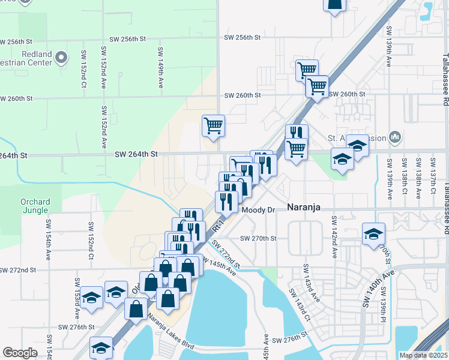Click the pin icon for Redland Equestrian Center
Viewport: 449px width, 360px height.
[x=61, y=58]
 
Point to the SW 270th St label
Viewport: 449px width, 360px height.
[x=258, y=238]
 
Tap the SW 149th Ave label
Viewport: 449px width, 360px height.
[x=161, y=67]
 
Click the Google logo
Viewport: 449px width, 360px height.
[x=20, y=353]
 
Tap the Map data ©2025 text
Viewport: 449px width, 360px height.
[x=423, y=355]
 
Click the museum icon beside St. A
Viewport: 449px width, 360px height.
[x=394, y=137]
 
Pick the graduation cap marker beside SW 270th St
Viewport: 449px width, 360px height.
[x=373, y=235]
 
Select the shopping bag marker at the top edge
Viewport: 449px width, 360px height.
[x=335, y=5]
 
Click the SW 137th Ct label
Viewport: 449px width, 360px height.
[x=433, y=175]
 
